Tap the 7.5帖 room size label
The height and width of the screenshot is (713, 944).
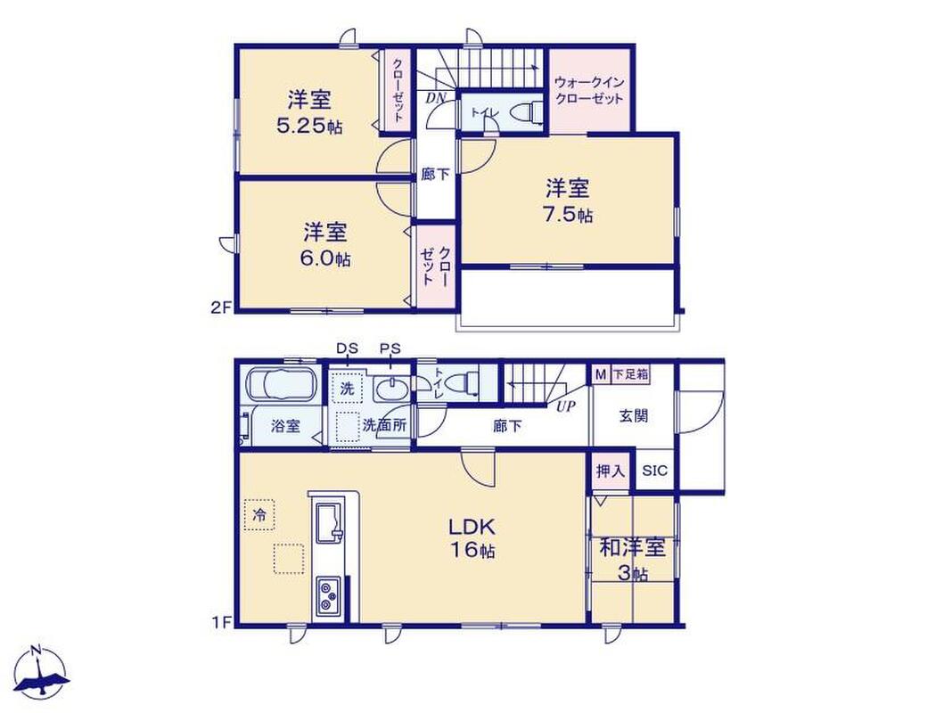pyautogui.click(x=568, y=215)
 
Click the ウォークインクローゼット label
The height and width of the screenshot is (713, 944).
pyautogui.click(x=589, y=91)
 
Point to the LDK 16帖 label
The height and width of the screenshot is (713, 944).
pyautogui.click(x=472, y=537)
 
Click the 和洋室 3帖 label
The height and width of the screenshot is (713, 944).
pyautogui.click(x=632, y=560)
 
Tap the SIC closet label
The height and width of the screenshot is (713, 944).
pyautogui.click(x=654, y=471)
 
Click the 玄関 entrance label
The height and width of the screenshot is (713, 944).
pyautogui.click(x=634, y=415)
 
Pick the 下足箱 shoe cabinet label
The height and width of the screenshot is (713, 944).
pyautogui.click(x=630, y=374)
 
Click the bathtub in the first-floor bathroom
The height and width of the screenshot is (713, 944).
pyautogui.click(x=281, y=384)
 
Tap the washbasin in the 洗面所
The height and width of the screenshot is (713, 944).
pyautogui.click(x=391, y=389)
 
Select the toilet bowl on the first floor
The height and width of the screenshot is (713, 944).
pyautogui.click(x=464, y=381)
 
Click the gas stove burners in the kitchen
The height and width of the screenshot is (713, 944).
pyautogui.click(x=327, y=595)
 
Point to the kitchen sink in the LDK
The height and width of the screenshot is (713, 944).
pyautogui.click(x=327, y=521)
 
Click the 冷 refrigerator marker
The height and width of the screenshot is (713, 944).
pyautogui.click(x=259, y=514)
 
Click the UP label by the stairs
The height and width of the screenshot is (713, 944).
pyautogui.click(x=565, y=406)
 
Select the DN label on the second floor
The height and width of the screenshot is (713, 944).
pyautogui.click(x=435, y=98)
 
